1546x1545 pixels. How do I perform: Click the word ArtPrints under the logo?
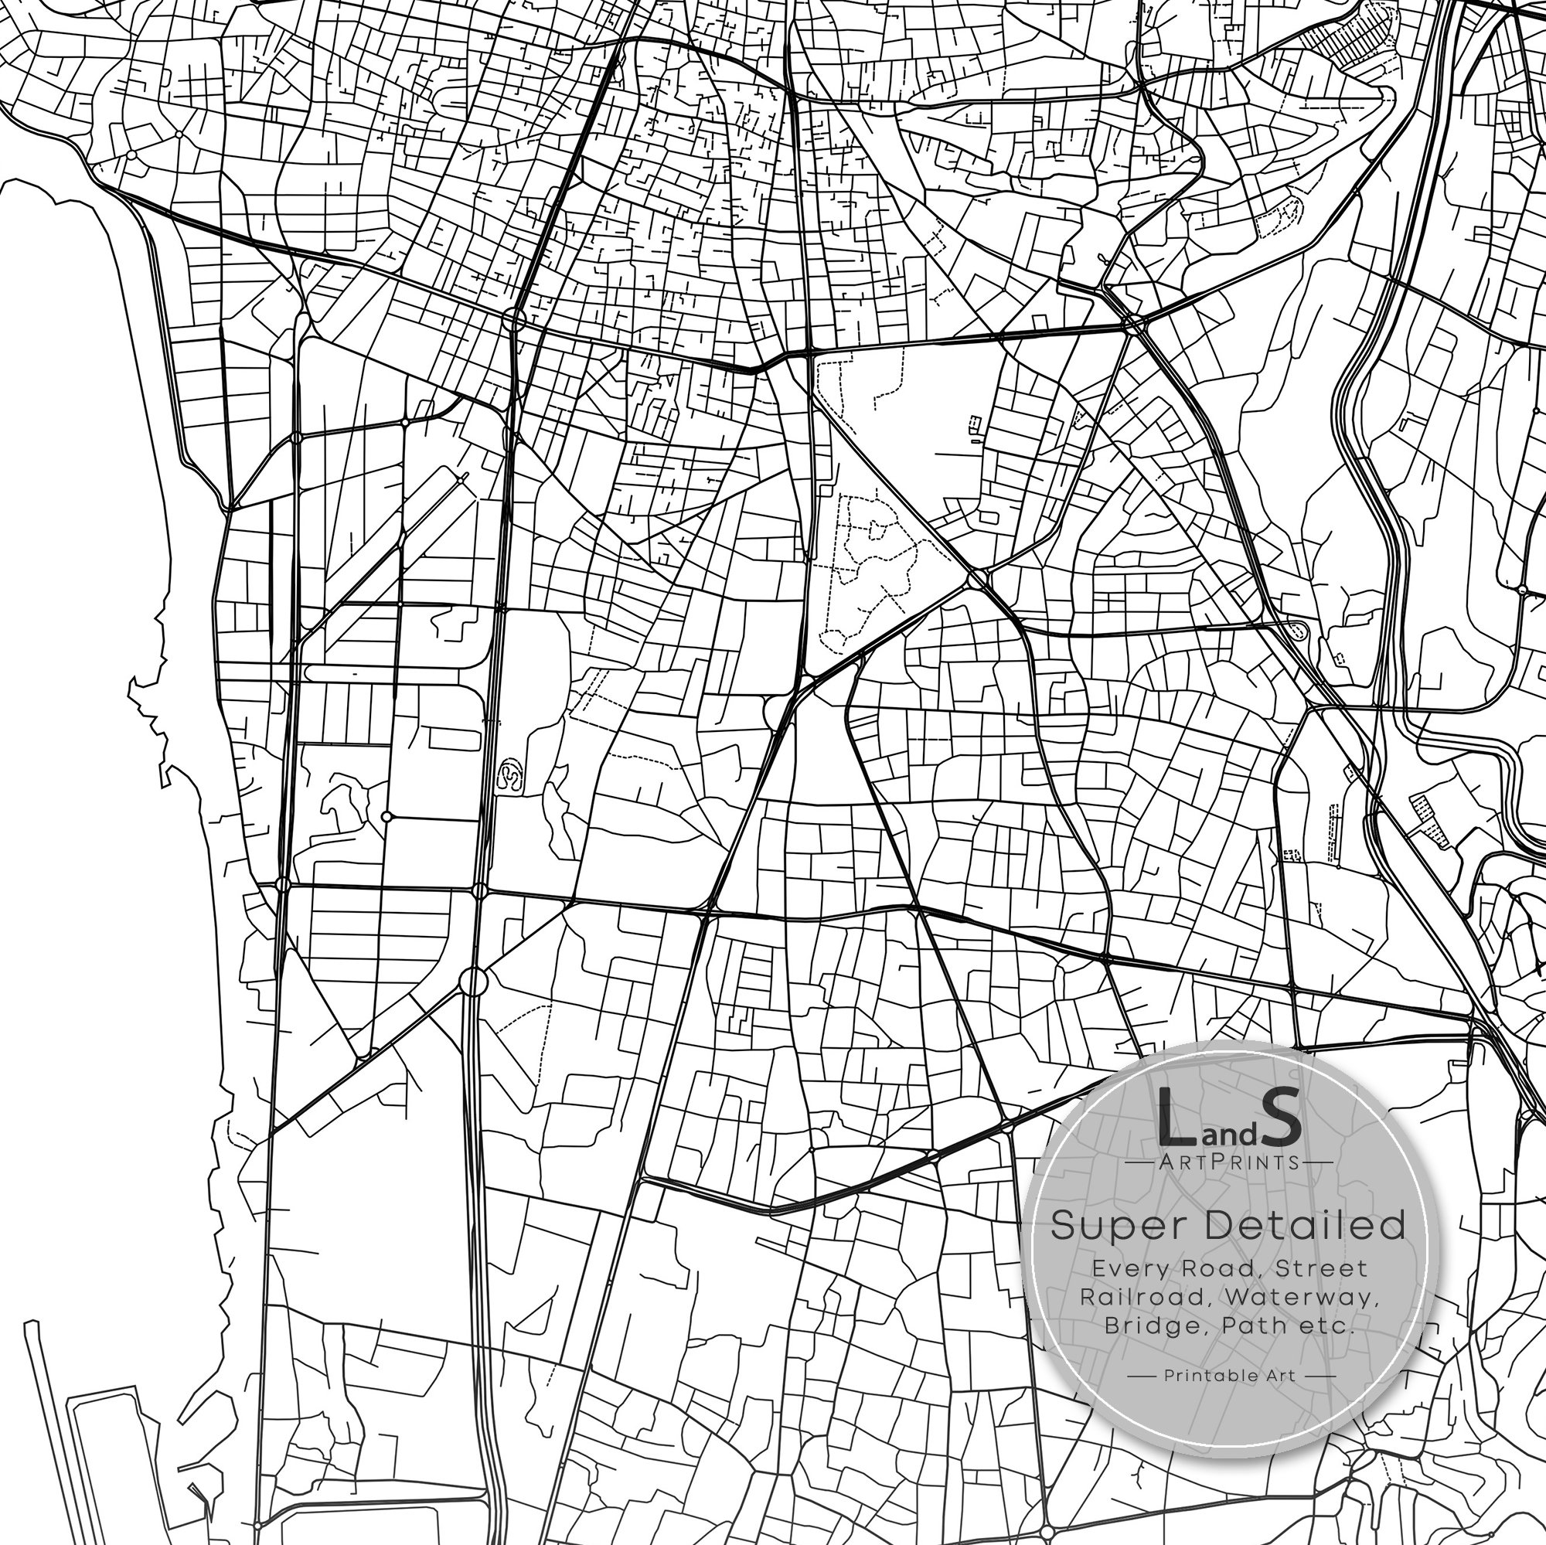1228,1162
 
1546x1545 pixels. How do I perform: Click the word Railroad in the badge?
1132,1297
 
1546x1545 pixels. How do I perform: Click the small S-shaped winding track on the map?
510,775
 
